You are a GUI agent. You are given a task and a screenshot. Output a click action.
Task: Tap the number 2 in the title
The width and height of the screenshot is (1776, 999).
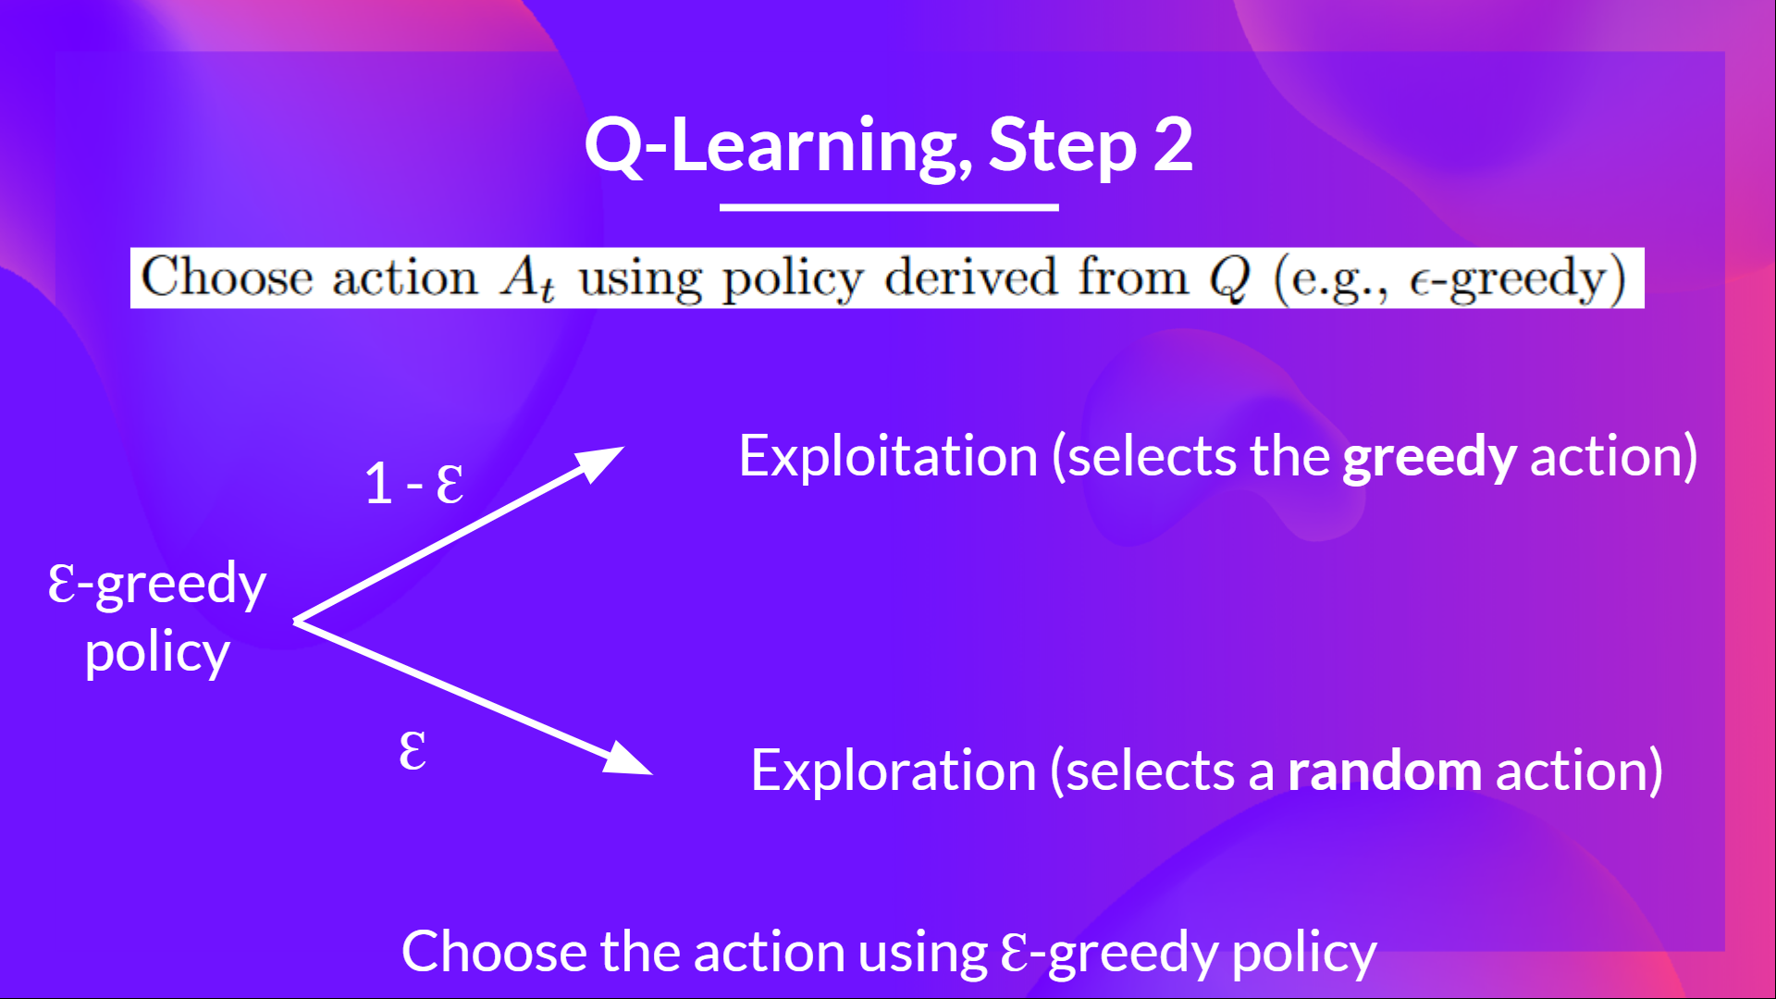[1173, 145]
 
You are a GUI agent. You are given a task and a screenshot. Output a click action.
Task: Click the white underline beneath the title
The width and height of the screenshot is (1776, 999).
[889, 207]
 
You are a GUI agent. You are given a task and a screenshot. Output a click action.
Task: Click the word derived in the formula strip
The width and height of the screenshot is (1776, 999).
[970, 277]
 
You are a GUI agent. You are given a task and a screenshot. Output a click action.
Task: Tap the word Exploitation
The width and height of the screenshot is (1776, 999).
[888, 456]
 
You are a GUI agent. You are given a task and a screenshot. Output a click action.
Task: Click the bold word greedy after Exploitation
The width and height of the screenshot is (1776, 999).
[1428, 458]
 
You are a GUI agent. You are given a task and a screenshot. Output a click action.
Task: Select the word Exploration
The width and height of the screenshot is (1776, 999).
[893, 771]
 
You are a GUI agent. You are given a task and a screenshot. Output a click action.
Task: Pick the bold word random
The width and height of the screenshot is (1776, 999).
[1384, 771]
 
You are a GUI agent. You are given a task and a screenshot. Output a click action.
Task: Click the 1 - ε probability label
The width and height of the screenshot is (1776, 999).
[413, 484]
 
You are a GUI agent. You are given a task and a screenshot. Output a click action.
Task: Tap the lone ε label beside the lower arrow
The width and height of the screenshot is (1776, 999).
[413, 750]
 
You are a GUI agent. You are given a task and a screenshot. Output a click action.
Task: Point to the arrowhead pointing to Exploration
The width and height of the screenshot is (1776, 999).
[629, 760]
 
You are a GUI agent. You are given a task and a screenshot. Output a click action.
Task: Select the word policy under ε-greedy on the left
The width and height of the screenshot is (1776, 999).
[157, 654]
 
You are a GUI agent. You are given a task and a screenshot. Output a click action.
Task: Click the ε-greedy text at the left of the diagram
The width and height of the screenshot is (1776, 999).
[157, 585]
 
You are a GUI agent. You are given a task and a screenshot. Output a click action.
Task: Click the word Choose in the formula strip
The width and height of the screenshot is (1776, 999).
[227, 277]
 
